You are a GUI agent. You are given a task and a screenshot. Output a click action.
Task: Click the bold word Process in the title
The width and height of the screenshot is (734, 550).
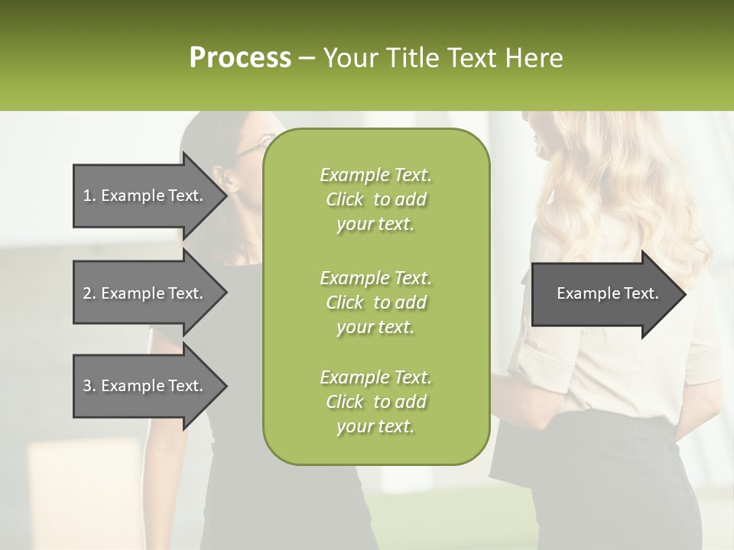pos(240,58)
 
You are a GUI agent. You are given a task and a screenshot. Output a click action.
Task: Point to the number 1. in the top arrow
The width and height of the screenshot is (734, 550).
pos(89,196)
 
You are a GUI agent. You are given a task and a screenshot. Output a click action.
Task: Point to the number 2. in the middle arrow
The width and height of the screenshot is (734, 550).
pos(89,293)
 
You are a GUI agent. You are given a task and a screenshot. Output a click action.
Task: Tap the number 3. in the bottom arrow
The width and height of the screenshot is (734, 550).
pos(89,386)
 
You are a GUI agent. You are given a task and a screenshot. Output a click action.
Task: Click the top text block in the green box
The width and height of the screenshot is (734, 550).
pos(375,199)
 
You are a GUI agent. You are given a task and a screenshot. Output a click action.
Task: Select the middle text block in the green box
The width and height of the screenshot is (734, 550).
pos(375,302)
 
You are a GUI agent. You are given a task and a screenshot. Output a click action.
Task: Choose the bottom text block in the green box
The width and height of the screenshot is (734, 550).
pos(375,402)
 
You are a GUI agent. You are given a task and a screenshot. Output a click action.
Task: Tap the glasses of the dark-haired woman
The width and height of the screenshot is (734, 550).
pos(246,150)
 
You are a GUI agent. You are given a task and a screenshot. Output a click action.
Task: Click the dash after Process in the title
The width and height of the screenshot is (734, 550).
pos(307,59)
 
